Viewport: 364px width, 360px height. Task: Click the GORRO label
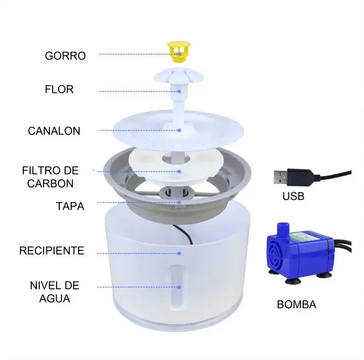coord(65,56)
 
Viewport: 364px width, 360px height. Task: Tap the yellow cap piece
coord(178,51)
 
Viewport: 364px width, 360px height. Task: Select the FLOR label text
coord(59,89)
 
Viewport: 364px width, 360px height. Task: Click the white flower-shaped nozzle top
coord(178,76)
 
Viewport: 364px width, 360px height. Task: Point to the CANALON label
coord(54,131)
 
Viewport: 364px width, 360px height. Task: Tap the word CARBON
coord(50,183)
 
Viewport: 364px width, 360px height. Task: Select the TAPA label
coord(70,206)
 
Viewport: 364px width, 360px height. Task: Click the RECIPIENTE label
coord(51,251)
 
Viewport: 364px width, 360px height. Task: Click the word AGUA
coord(55,299)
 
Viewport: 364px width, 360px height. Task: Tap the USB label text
coord(293,196)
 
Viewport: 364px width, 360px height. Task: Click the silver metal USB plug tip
coord(281,177)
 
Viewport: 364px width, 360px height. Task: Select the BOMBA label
coord(296,304)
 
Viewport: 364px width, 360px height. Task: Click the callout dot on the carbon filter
coord(179,171)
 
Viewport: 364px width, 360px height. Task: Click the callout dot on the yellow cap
coord(179,54)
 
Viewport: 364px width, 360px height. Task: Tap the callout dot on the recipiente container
coord(179,254)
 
